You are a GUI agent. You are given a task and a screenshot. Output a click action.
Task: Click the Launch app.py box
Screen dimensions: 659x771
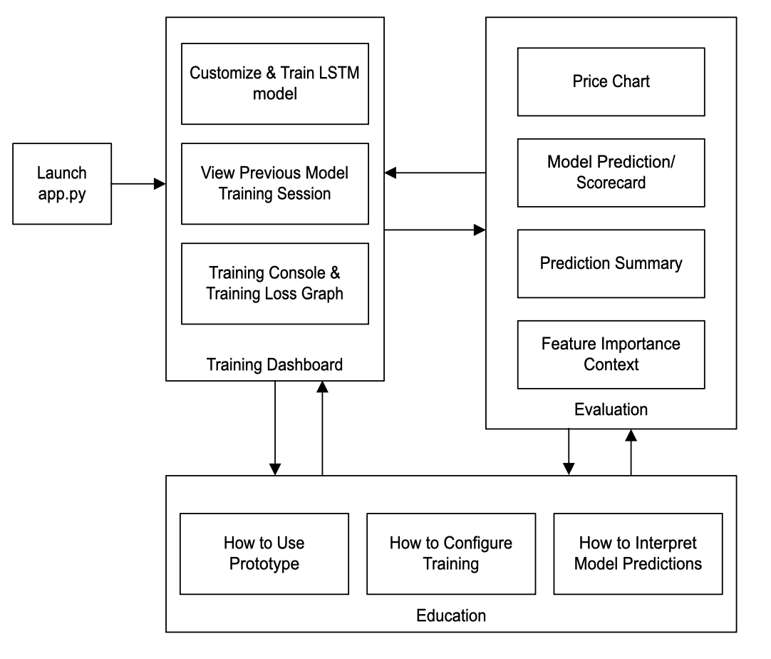pos(62,184)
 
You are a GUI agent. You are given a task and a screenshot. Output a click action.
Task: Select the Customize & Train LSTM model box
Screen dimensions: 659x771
pos(274,83)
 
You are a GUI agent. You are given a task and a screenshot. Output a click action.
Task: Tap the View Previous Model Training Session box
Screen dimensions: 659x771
pos(274,183)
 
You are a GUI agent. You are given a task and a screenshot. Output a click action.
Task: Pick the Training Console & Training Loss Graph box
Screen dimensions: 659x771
pos(274,283)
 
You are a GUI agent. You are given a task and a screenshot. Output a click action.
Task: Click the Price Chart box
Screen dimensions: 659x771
pos(611,81)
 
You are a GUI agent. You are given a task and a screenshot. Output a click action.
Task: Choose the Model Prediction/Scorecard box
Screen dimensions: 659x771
pos(611,172)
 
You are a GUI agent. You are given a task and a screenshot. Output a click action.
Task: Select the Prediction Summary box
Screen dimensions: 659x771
pos(611,263)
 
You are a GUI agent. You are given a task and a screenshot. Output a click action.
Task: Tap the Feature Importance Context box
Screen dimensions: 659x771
pos(611,354)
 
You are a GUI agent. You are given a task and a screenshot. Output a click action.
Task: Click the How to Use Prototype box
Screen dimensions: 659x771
pos(264,553)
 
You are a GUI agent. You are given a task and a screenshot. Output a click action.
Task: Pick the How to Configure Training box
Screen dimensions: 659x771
pos(450,553)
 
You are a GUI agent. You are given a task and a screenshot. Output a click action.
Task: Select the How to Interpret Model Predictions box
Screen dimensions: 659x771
pos(638,553)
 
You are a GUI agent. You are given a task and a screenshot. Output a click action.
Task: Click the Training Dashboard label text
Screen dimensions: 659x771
pos(274,365)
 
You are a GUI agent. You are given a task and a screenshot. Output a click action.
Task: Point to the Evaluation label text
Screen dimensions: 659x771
pos(611,409)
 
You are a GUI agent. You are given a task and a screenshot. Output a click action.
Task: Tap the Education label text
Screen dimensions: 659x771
pos(451,615)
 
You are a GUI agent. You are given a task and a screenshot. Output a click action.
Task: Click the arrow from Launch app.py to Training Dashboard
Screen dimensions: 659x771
pos(138,184)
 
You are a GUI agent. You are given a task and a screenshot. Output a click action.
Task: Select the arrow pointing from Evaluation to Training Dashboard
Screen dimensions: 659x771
pos(435,172)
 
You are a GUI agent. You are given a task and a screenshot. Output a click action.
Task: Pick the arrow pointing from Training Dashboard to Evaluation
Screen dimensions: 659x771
pos(435,230)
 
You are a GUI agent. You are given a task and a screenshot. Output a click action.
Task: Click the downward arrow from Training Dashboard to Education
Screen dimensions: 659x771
pos(275,428)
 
